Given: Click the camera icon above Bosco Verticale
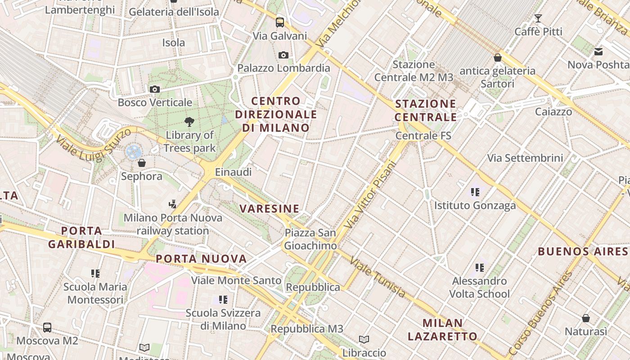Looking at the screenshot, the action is pyautogui.click(x=155, y=89).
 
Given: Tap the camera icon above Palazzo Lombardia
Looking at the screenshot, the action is pyautogui.click(x=283, y=55).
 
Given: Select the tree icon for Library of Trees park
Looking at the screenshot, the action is pyautogui.click(x=189, y=121).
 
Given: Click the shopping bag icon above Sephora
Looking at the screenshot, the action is pyautogui.click(x=142, y=163).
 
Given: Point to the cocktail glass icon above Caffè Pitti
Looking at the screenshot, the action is pyautogui.click(x=538, y=18).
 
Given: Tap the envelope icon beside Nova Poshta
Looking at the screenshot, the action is pyautogui.click(x=598, y=52).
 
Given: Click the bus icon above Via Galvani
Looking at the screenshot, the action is pyautogui.click(x=280, y=22).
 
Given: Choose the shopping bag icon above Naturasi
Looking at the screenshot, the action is pyautogui.click(x=586, y=318).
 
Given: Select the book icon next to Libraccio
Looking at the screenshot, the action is pyautogui.click(x=364, y=339).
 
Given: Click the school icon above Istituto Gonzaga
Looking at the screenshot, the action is pyautogui.click(x=475, y=192).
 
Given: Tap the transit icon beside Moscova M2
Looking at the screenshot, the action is pyautogui.click(x=47, y=327).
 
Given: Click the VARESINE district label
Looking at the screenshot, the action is pyautogui.click(x=270, y=209).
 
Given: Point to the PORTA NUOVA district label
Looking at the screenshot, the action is pyautogui.click(x=201, y=259).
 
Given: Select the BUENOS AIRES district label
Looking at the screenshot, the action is pyautogui.click(x=583, y=251).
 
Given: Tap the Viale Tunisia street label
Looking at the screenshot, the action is pyautogui.click(x=378, y=277).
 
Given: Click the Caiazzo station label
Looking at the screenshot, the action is pyautogui.click(x=553, y=112).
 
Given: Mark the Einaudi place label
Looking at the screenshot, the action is pyautogui.click(x=233, y=172).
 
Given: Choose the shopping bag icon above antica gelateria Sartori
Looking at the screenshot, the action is pyautogui.click(x=498, y=58).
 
